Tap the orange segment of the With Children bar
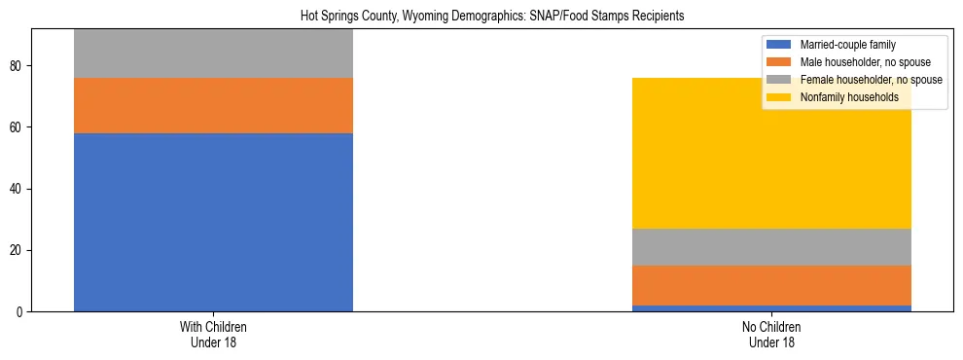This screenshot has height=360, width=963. point(213,105)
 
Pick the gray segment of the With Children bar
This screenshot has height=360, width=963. point(213,54)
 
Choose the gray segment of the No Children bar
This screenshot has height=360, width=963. point(771,247)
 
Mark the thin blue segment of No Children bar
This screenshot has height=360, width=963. point(771,308)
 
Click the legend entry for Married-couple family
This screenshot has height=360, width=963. point(847,45)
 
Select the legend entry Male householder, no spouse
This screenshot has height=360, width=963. point(863,62)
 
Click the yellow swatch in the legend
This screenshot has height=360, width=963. point(779,97)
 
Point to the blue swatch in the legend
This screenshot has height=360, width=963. point(779,45)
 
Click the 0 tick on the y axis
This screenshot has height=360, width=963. point(20,312)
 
